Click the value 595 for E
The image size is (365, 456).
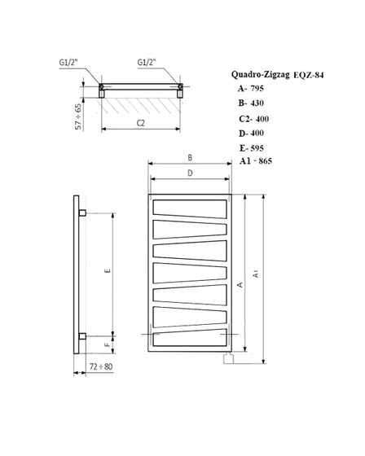[257, 148]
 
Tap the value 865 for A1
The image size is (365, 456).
[264, 161]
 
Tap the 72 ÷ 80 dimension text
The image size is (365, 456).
[101, 367]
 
